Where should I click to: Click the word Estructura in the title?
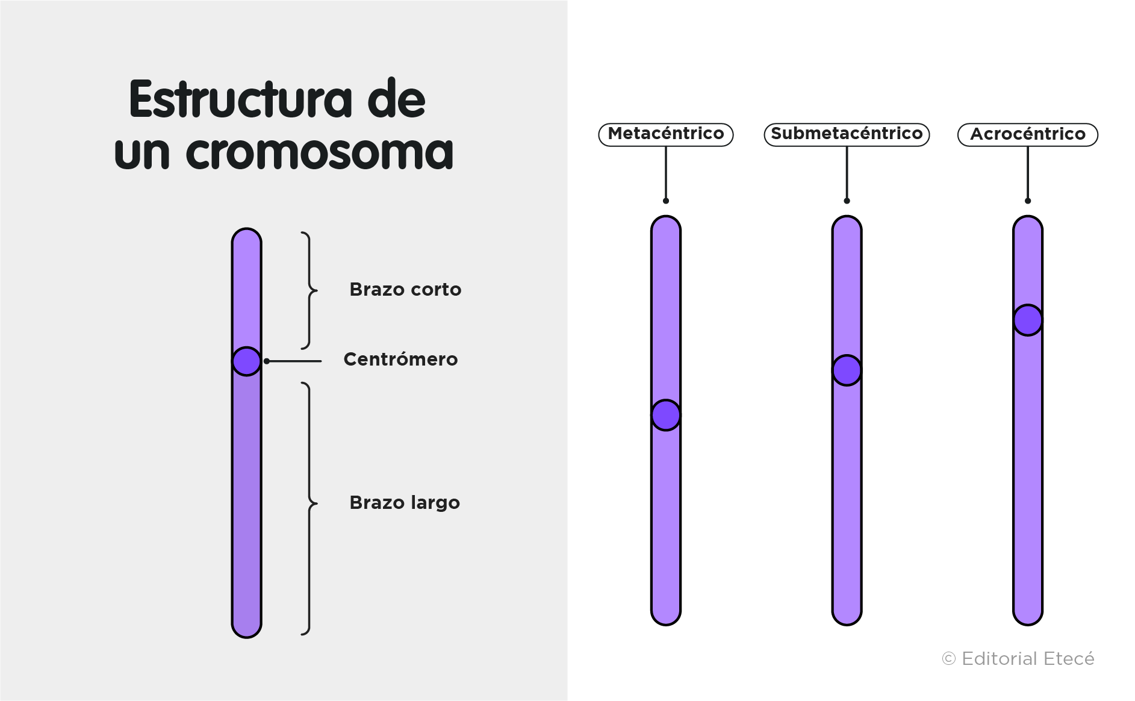240,99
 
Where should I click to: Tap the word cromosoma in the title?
319,152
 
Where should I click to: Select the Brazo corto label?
405,290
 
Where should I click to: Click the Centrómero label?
400,360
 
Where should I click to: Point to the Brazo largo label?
405,503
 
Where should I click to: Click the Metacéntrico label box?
666,134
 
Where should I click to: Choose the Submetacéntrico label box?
847,134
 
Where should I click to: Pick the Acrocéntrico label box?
1028,134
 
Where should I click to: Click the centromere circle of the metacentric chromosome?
666,416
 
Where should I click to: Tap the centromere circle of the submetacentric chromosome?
847,370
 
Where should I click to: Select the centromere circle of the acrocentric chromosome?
1028,320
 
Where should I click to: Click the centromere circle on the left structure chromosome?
247,361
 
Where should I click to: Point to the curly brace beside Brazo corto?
309,290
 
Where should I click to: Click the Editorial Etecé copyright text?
1018,659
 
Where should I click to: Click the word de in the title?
396,99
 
